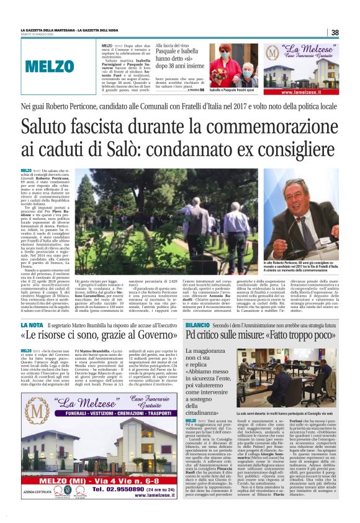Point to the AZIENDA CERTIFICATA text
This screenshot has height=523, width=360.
[x=32, y=495]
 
